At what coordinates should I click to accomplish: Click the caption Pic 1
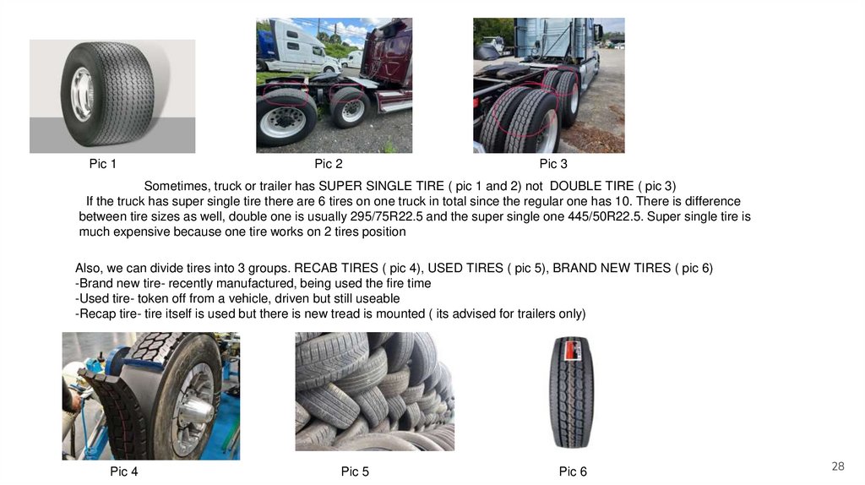102,164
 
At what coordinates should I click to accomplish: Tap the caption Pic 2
329,164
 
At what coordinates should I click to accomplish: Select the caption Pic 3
553,164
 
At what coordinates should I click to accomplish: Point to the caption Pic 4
123,471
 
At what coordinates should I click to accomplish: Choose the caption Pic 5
355,471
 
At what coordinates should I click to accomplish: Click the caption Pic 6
573,471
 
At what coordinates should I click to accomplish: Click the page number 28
838,466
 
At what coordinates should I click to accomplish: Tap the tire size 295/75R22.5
386,216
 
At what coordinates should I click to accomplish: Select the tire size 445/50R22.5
605,216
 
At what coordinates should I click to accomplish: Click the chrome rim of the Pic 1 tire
83,95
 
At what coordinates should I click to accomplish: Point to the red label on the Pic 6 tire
572,351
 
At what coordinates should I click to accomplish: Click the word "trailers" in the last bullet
534,314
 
